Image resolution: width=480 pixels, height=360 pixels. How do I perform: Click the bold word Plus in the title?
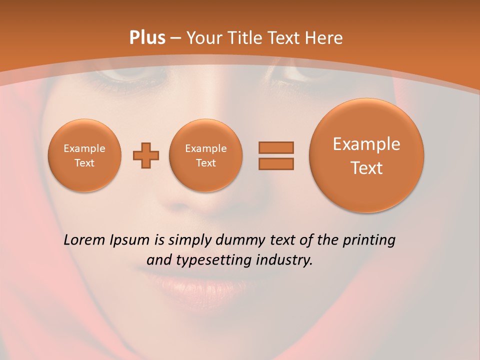point(147,38)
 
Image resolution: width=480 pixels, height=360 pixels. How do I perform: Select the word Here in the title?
point(325,38)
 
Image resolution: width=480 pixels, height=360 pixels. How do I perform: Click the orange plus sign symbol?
point(146,155)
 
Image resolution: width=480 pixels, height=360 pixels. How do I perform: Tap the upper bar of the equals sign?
point(276,147)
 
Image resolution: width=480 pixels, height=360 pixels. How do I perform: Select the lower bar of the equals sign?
point(276,163)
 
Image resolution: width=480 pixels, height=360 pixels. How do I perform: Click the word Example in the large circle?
point(366,144)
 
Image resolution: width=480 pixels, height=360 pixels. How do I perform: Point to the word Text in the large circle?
point(366,168)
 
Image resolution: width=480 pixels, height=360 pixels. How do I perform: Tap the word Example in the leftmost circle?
point(84,148)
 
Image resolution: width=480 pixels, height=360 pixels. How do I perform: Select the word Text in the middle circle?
point(206,163)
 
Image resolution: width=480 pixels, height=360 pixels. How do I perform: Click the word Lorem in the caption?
point(84,240)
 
